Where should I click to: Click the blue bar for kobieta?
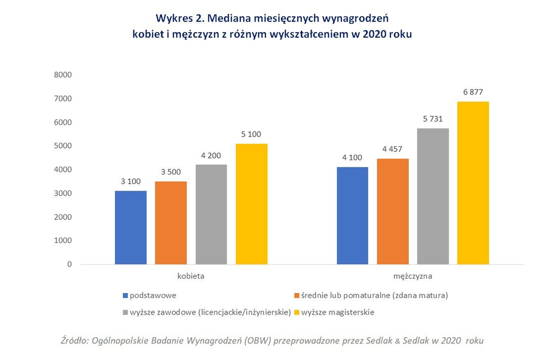point(131,228)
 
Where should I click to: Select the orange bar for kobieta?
point(171,223)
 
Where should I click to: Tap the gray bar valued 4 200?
point(211,214)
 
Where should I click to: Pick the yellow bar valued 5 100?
point(251,204)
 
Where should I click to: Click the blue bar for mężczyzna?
point(353,216)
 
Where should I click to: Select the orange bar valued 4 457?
point(393,211)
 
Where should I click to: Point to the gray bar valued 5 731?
point(433,196)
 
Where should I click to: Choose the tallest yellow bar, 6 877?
point(473,183)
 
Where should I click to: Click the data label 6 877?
point(473,92)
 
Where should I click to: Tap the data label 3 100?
point(131,181)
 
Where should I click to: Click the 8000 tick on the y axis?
point(63,75)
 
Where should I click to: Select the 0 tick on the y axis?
point(70,264)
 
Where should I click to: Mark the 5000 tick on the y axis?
point(63,146)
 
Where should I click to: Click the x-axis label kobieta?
point(191,276)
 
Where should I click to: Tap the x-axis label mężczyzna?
point(413,276)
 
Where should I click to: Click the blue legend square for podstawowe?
point(125,296)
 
